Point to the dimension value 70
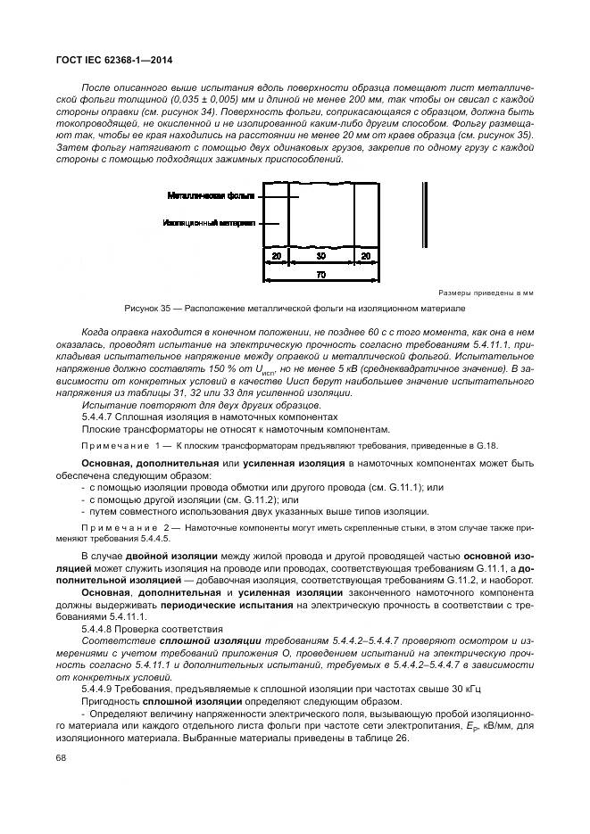(321, 275)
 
